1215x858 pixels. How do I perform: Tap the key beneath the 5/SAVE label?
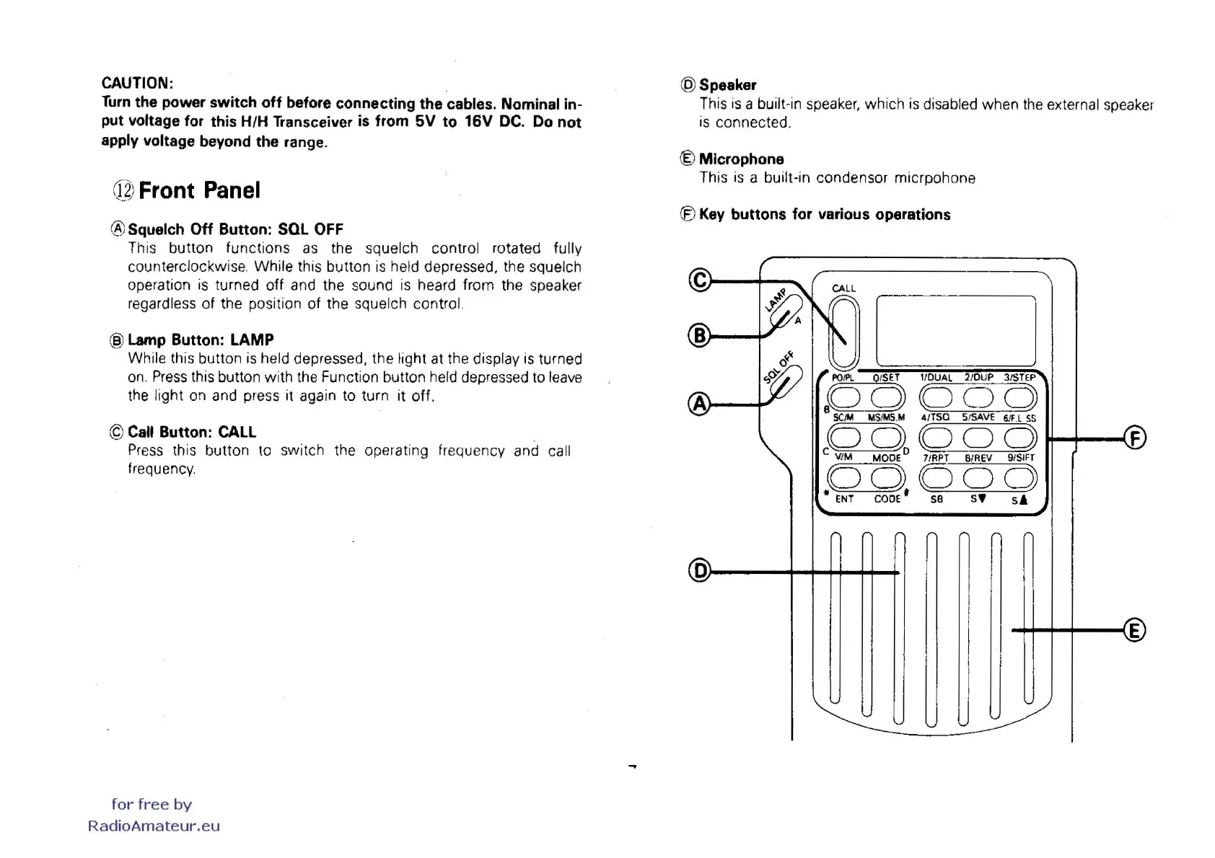click(978, 437)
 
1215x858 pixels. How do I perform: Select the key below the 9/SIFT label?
click(1020, 477)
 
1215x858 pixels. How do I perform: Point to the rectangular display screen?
click(956, 331)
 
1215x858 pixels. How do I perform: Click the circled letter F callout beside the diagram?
click(1135, 438)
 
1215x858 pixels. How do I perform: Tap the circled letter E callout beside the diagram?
click(1135, 630)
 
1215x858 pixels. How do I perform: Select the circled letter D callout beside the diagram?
click(699, 571)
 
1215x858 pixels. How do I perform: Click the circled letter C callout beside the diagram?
click(699, 280)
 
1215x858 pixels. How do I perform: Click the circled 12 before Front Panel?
click(123, 190)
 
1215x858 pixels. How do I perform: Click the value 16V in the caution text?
click(478, 121)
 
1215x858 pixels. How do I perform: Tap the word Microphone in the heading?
click(741, 159)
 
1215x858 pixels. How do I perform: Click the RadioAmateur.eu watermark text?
click(154, 826)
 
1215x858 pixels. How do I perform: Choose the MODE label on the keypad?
click(886, 458)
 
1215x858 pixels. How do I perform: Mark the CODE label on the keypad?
click(887, 499)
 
